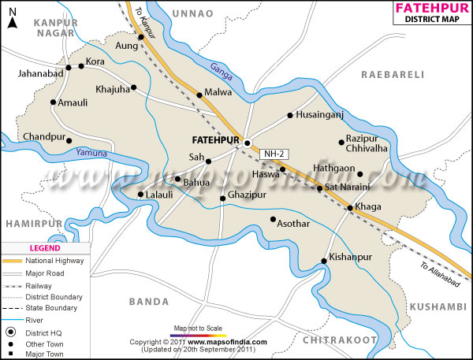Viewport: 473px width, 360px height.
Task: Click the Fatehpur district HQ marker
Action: [248, 143]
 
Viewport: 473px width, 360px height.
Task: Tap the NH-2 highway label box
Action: [274, 154]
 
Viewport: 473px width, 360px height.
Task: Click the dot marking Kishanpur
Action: [324, 262]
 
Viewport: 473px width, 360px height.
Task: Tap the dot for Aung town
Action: [141, 37]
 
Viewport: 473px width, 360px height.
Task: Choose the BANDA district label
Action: [149, 301]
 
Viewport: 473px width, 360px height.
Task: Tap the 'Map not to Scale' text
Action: [199, 328]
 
